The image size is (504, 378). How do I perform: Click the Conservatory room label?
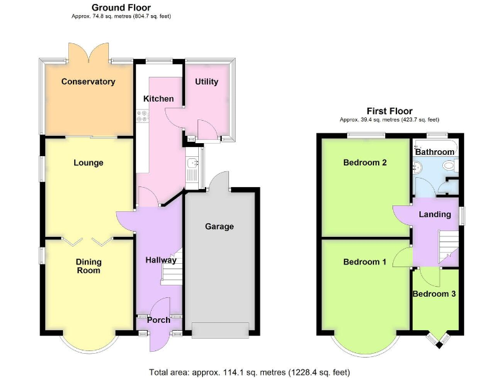(x=88, y=81)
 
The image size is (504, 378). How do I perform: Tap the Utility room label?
(x=206, y=81)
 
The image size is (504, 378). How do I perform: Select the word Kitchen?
(x=158, y=98)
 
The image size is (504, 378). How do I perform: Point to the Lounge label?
(x=89, y=163)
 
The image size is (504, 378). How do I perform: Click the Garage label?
(x=219, y=226)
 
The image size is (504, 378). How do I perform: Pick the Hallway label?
(x=161, y=260)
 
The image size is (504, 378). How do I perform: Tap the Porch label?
(x=158, y=320)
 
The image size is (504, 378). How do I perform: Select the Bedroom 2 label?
(x=365, y=163)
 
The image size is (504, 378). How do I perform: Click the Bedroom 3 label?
(x=434, y=294)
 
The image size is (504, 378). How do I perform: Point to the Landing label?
(x=434, y=215)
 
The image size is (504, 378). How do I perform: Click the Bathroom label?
(x=434, y=152)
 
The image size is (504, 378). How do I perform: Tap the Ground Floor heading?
(x=121, y=7)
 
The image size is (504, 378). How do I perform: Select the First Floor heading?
(x=390, y=111)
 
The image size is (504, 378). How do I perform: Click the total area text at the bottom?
(x=250, y=373)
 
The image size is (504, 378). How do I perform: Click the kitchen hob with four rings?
(x=142, y=116)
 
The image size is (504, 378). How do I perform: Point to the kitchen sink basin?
(x=193, y=163)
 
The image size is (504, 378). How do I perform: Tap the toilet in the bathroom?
(x=451, y=165)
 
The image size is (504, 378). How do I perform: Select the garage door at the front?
(x=220, y=330)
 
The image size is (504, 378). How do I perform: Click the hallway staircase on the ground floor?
(x=172, y=266)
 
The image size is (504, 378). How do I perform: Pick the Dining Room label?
(x=89, y=266)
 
